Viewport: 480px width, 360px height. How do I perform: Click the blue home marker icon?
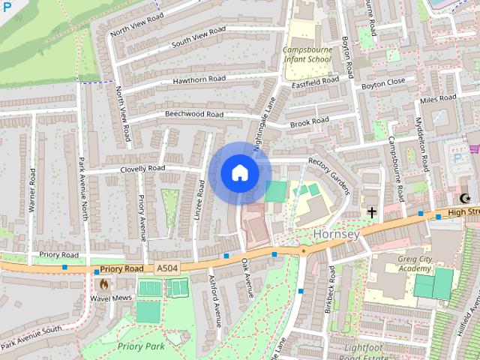239,173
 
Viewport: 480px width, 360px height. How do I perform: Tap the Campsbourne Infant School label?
307,55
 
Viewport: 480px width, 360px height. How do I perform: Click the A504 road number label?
167,268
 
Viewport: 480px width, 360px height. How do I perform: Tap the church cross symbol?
371,213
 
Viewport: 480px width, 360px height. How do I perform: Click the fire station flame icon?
103,284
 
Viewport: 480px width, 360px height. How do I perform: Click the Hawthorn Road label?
199,79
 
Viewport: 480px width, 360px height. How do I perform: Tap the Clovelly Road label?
142,169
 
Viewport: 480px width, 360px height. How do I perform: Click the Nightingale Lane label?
265,124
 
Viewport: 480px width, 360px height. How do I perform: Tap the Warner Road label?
32,189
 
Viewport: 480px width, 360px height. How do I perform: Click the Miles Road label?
439,99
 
